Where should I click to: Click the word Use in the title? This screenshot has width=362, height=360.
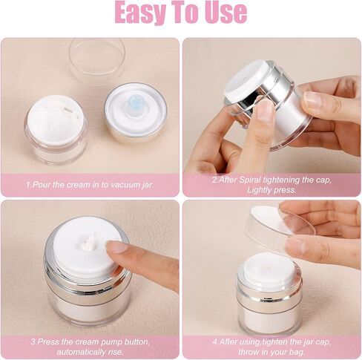coord(223,13)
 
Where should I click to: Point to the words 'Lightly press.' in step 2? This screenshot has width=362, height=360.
coord(271,189)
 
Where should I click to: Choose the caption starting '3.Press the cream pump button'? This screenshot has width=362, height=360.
coord(90,341)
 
